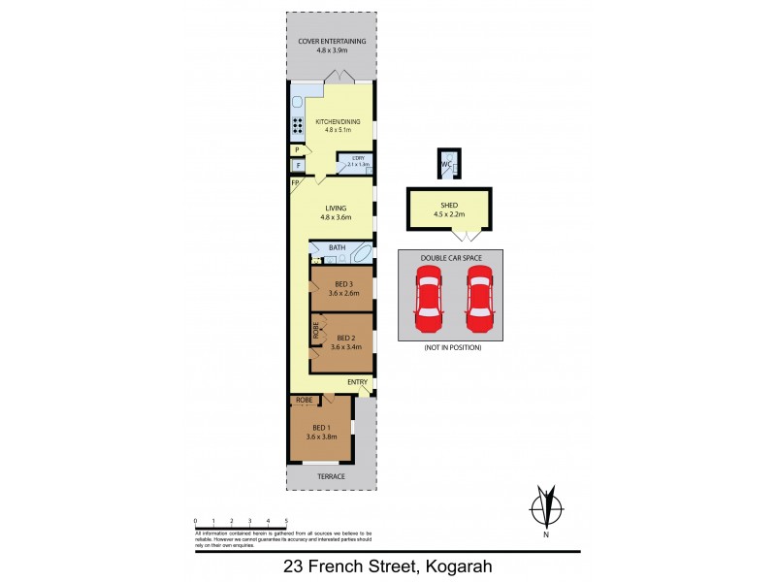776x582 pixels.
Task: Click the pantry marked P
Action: [297, 150]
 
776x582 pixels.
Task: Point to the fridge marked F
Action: [297, 166]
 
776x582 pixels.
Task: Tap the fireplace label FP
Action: [295, 182]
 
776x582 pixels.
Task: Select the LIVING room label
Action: [337, 208]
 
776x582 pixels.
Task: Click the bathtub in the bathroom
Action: [360, 256]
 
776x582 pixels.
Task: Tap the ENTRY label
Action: [357, 382]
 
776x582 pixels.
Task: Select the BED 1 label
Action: [322, 428]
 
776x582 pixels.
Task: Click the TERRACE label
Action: [331, 476]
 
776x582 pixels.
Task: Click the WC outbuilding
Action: [447, 165]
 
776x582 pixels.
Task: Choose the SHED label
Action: [450, 206]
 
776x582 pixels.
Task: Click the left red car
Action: [427, 298]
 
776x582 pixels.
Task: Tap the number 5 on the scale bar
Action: [285, 522]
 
